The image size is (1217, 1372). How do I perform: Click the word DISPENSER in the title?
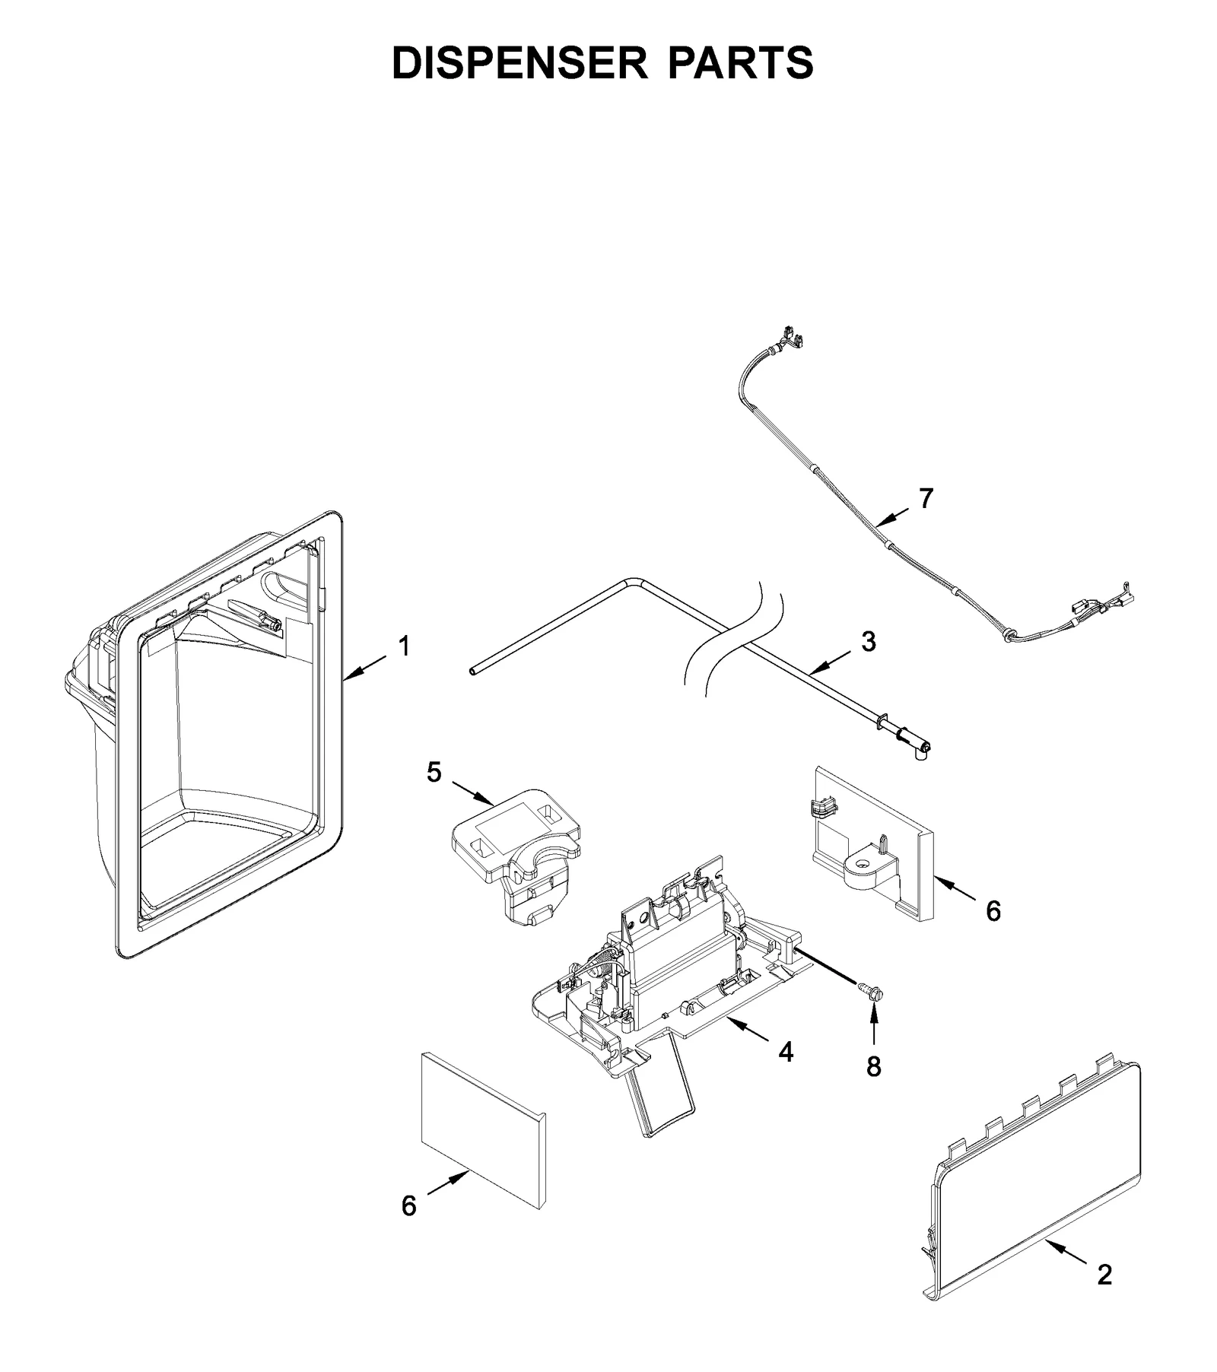coord(520,62)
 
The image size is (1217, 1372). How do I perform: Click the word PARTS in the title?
coord(741,62)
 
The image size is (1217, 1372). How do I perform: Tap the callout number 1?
coord(404,646)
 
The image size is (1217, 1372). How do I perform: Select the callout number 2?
coord(1104,1275)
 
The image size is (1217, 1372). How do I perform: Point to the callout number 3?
coord(868,641)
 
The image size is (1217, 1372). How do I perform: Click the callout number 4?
coord(786,1053)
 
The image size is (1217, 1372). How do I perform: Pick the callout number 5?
coord(434,773)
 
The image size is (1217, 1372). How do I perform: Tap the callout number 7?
coord(925,499)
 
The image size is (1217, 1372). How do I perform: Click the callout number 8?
coord(873,1067)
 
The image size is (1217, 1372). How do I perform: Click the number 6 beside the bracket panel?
coord(993,910)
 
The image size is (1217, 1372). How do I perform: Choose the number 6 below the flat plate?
coord(409,1205)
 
